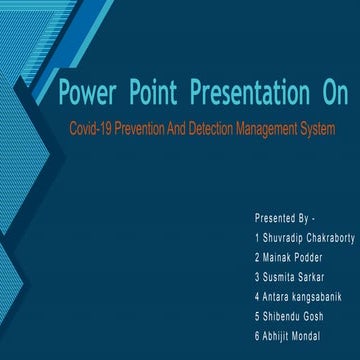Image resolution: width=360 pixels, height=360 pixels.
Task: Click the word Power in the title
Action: (87, 95)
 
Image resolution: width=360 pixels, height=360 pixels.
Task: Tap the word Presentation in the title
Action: (240, 95)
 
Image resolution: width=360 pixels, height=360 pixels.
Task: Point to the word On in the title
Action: (329, 95)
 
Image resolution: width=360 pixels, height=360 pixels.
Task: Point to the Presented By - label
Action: (285, 216)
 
